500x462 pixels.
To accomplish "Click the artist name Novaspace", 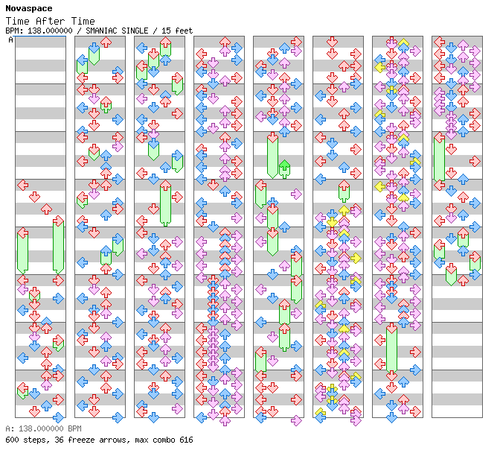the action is [x=29, y=9].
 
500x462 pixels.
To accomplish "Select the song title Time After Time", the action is [x=50, y=21].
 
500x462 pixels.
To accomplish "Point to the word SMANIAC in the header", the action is [x=99, y=31].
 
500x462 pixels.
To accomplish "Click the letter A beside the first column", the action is [x=11, y=40].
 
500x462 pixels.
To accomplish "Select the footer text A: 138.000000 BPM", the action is [x=43, y=428].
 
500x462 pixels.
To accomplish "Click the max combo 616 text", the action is [x=164, y=440].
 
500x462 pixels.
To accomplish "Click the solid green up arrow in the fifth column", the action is [x=284, y=169].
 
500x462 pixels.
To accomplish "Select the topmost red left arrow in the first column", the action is [x=22, y=185].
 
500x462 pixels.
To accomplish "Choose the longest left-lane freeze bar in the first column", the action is [x=22, y=250].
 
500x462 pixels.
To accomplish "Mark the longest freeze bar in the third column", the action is [x=165, y=203].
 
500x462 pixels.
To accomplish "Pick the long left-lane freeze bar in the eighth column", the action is [x=440, y=159].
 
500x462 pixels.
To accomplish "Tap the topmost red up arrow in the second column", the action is [x=106, y=42].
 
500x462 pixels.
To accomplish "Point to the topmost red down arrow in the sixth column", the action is [x=332, y=42].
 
